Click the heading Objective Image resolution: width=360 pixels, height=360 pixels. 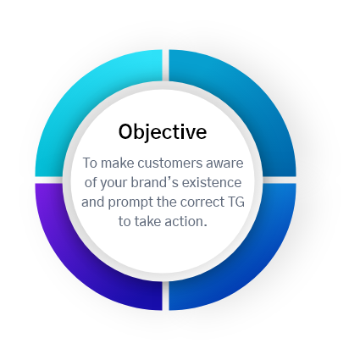tap(163, 132)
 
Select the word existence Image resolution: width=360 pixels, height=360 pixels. tap(212, 183)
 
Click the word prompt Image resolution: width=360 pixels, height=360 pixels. tap(130, 203)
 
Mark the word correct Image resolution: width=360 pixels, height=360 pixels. tap(202, 202)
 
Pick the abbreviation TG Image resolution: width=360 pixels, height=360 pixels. tap(236, 202)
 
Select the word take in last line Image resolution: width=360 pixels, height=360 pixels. tap(148, 222)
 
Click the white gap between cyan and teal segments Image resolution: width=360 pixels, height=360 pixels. tap(165, 65)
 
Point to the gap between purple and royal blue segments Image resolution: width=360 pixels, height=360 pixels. tap(165, 296)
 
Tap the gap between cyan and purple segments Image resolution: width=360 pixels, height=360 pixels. tap(49, 180)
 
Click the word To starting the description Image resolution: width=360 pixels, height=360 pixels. tap(90, 163)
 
